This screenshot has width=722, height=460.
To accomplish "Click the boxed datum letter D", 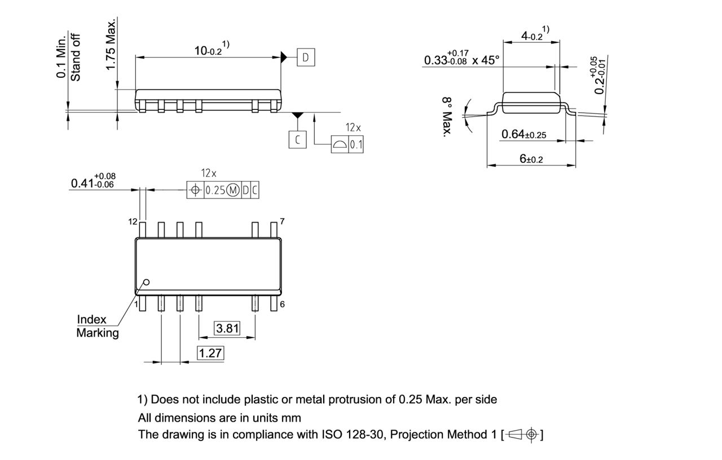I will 305,57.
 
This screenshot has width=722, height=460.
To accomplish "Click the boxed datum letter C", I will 297,139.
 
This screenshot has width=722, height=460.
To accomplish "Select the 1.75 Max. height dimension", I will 111,45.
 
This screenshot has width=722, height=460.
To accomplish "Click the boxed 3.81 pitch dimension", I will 227,328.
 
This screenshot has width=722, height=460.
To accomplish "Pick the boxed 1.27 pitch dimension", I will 210,353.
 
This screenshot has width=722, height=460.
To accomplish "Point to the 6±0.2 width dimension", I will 531,159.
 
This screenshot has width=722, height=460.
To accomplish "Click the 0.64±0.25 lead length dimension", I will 523,134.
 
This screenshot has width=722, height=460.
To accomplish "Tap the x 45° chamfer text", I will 486,60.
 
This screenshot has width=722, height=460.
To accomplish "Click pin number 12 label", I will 133,222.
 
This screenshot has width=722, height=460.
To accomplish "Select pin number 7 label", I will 282,221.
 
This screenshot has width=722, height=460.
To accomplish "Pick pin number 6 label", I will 282,304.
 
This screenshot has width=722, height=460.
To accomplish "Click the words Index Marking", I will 97,326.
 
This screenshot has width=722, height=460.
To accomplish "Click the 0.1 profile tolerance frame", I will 347,145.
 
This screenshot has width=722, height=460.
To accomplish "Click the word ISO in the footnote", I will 332,435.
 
